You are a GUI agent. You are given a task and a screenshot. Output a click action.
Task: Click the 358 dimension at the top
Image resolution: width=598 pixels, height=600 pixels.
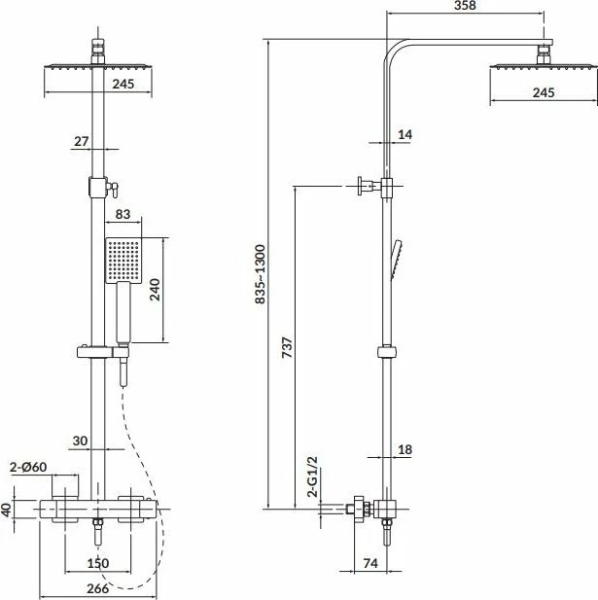465,6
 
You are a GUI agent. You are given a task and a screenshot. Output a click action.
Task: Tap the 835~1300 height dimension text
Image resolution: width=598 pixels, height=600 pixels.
261,274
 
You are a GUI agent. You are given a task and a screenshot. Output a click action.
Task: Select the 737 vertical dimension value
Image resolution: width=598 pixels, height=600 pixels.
287,347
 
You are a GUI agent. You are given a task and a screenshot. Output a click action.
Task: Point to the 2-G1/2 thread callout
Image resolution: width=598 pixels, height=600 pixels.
313,476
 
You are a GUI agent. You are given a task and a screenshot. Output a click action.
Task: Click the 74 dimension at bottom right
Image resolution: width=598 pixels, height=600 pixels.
369,563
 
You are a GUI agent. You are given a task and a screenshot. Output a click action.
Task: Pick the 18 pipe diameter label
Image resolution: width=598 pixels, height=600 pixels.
405,449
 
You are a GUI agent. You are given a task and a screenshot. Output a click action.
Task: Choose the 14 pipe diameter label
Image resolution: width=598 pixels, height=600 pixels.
405,135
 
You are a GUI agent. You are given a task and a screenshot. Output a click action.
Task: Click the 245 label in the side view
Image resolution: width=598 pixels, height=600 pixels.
544,92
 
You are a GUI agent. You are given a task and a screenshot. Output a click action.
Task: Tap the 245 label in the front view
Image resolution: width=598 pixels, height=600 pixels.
123,84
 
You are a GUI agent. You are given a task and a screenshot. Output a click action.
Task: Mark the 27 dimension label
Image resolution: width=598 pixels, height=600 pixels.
81,142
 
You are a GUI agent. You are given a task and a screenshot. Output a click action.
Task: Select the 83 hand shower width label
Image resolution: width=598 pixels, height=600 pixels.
123,214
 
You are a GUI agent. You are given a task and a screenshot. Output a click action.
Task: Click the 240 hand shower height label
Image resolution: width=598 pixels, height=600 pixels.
155,290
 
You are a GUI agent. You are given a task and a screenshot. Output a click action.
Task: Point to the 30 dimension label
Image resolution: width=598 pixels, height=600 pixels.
80,441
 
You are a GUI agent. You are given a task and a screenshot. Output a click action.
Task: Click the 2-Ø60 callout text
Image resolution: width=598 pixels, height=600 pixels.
28,467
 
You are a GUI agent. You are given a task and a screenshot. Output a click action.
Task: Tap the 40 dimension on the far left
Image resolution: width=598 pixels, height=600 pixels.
6,510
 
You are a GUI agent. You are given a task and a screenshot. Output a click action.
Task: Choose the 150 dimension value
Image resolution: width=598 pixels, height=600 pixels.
98,563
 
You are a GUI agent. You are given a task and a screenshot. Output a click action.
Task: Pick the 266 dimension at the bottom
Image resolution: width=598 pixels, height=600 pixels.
97,588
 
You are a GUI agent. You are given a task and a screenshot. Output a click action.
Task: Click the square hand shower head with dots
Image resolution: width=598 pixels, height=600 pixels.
123,261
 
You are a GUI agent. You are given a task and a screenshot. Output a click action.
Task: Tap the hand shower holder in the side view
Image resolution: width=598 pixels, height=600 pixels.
388,352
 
